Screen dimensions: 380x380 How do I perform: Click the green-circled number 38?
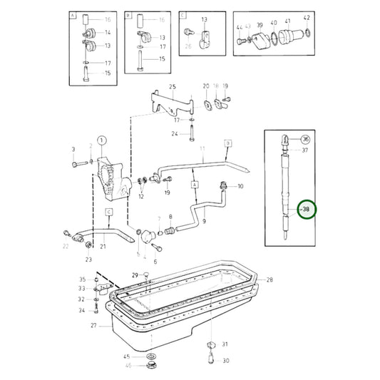306,210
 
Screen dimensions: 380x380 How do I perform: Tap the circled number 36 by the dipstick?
305,139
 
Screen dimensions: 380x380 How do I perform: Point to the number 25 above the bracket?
172,86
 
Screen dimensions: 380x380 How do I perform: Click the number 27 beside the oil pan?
93,325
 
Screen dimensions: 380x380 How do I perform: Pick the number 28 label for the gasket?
269,280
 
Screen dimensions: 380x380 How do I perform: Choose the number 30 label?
226,361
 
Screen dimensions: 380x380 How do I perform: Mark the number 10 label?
240,186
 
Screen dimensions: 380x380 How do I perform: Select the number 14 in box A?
108,32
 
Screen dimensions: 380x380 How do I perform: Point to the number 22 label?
66,247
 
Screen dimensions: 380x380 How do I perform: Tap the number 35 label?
82,279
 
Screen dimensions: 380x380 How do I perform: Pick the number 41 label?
287,21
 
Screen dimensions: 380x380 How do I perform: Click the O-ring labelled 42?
307,34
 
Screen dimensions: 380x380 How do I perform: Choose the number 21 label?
103,247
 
